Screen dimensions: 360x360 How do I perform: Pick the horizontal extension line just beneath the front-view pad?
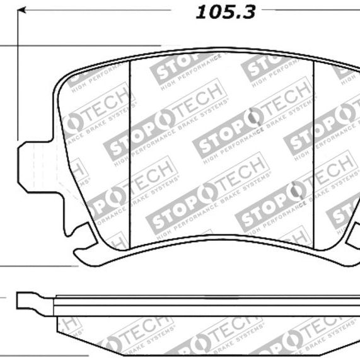tap(38, 267)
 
